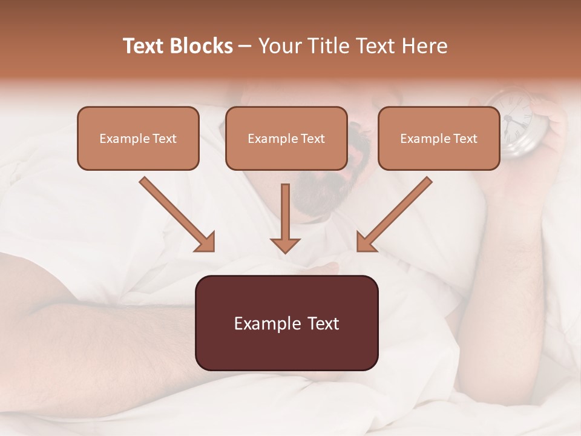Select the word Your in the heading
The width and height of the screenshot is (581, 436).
click(x=280, y=46)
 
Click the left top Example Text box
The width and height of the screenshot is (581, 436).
click(x=138, y=138)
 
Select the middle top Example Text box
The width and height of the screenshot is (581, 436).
click(x=286, y=138)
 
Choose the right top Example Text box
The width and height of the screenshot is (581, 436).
click(x=439, y=138)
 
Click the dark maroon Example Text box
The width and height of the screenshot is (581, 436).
click(x=286, y=323)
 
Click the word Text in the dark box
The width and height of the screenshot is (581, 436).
click(x=320, y=323)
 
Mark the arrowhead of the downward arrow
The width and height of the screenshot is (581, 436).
click(x=285, y=244)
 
